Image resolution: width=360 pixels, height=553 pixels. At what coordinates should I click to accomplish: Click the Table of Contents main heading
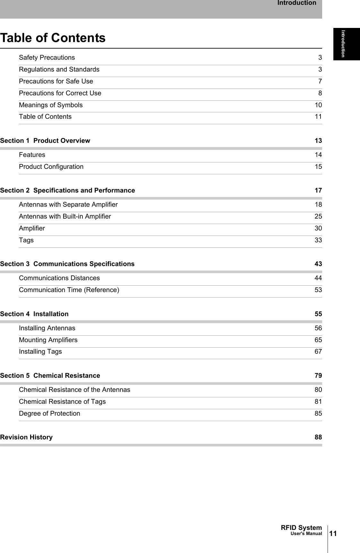click(53, 38)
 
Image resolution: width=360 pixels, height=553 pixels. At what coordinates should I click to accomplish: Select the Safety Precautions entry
click(47, 58)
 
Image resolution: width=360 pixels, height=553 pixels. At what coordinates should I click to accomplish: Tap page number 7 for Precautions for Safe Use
click(320, 82)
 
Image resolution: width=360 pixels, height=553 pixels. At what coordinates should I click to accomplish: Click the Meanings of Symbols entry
click(51, 105)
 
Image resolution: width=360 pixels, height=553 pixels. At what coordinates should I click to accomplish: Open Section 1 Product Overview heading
click(45, 141)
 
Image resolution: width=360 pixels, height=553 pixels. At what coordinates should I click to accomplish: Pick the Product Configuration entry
click(51, 167)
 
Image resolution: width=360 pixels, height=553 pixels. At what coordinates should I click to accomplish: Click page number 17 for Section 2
click(318, 191)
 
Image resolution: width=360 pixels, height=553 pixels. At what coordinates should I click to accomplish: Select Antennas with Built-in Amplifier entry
click(65, 217)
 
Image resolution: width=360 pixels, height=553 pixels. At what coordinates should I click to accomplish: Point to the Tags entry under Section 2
click(26, 240)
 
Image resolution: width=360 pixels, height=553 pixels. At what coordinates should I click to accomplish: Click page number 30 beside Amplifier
click(318, 229)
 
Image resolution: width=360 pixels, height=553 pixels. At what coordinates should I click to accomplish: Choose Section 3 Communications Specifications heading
click(67, 264)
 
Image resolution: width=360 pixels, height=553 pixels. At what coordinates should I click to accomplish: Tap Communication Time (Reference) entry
click(69, 290)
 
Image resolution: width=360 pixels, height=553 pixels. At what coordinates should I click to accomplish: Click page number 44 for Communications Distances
click(318, 278)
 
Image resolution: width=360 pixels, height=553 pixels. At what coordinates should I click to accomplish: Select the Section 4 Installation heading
click(34, 314)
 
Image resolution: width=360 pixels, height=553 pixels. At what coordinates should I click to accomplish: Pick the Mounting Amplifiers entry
click(48, 340)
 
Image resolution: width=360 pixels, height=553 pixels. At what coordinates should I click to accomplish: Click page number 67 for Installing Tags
click(318, 352)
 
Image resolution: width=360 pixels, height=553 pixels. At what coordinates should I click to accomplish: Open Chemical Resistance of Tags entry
click(62, 402)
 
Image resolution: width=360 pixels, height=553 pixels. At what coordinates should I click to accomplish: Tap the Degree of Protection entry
click(49, 414)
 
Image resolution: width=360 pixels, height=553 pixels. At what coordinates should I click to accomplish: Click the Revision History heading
click(26, 437)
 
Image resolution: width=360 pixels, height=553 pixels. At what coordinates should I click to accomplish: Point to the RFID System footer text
click(301, 528)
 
